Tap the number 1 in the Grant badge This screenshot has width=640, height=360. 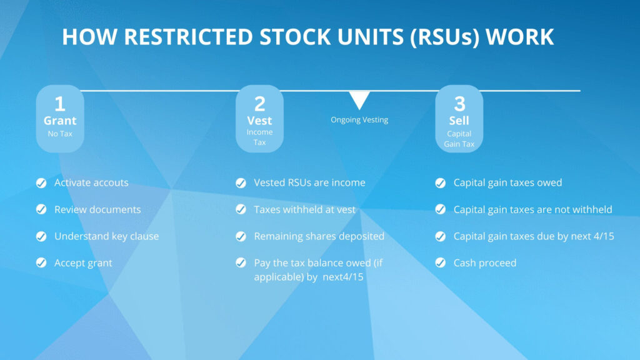(x=60, y=104)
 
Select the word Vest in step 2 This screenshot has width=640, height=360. (x=259, y=121)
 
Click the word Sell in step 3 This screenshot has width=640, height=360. (x=459, y=121)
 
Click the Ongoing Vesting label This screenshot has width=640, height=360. (x=359, y=119)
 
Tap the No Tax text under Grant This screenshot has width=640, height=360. (x=60, y=134)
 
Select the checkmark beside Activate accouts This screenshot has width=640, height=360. (x=41, y=183)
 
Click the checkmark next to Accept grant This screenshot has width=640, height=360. (x=41, y=263)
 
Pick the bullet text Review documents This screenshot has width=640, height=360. (x=97, y=209)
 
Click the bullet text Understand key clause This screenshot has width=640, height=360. (x=106, y=236)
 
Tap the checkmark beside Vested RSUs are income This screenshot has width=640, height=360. (x=241, y=183)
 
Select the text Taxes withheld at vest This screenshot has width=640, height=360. (x=304, y=209)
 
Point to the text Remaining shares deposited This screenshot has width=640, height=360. (x=319, y=236)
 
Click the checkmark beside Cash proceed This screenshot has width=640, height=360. (x=441, y=263)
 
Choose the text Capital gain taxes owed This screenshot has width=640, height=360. (x=507, y=182)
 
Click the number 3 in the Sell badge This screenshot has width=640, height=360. (x=459, y=104)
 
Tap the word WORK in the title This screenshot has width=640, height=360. (x=519, y=37)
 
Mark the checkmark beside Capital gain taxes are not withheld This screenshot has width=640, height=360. (x=441, y=209)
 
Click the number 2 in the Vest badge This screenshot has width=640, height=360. (x=259, y=104)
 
